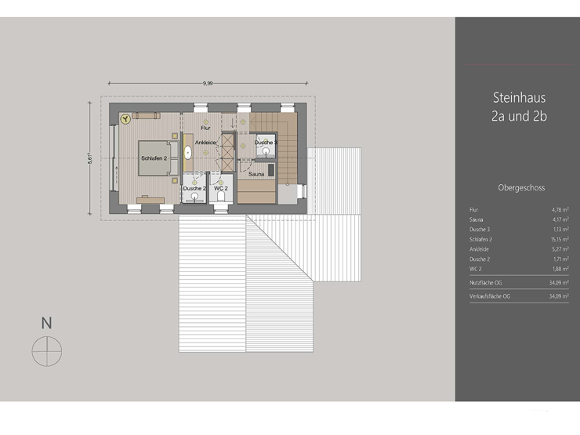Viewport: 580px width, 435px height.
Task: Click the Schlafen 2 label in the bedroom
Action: pyautogui.click(x=154, y=158)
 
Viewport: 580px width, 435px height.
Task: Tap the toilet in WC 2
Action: pyautogui.click(x=222, y=198)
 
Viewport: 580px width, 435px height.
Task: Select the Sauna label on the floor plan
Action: pyautogui.click(x=256, y=175)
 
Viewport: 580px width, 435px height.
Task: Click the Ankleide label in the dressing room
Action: pyautogui.click(x=205, y=142)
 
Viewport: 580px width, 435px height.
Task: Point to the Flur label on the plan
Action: pyautogui.click(x=205, y=128)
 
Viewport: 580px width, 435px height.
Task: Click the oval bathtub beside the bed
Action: pyautogui.click(x=188, y=154)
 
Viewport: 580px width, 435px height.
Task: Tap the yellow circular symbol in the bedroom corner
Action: pyautogui.click(x=125, y=119)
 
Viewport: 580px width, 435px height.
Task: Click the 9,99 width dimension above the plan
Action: pyautogui.click(x=208, y=82)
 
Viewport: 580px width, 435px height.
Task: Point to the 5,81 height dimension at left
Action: pyautogui.click(x=91, y=158)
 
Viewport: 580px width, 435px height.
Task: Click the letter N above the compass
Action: pyautogui.click(x=46, y=322)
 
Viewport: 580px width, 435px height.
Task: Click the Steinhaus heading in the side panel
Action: pyautogui.click(x=518, y=99)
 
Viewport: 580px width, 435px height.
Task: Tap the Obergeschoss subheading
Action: pyautogui.click(x=520, y=188)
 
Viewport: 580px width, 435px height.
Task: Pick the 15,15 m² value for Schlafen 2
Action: pyautogui.click(x=558, y=239)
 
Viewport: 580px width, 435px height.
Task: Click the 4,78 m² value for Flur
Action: pyautogui.click(x=560, y=210)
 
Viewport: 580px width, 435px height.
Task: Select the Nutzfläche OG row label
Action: pyautogui.click(x=486, y=281)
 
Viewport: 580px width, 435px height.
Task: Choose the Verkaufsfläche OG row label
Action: pyautogui.click(x=490, y=296)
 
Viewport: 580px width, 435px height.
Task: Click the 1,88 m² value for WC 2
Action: pyautogui.click(x=560, y=268)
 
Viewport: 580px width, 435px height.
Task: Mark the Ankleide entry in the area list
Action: pyautogui.click(x=480, y=248)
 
